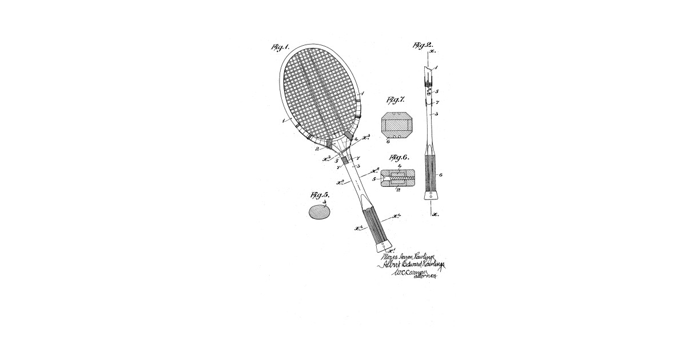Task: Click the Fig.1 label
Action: pos(280,47)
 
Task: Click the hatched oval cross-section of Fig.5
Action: pos(320,213)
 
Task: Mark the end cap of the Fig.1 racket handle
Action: pos(384,247)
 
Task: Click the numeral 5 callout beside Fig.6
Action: pos(374,179)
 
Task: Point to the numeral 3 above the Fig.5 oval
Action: pos(324,202)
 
